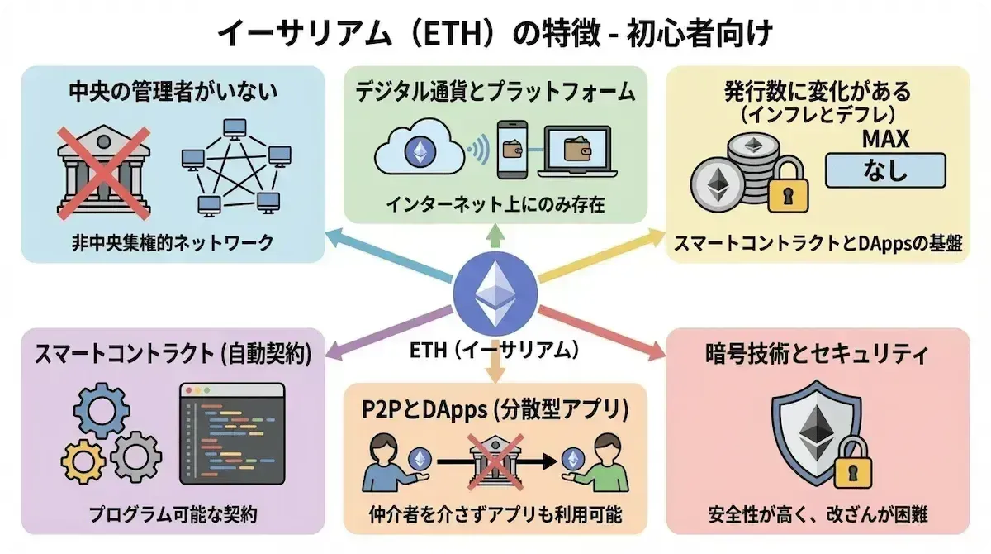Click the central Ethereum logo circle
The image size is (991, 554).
point(495,294)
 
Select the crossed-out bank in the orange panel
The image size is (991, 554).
point(495,459)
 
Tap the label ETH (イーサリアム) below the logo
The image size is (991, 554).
point(493,351)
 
